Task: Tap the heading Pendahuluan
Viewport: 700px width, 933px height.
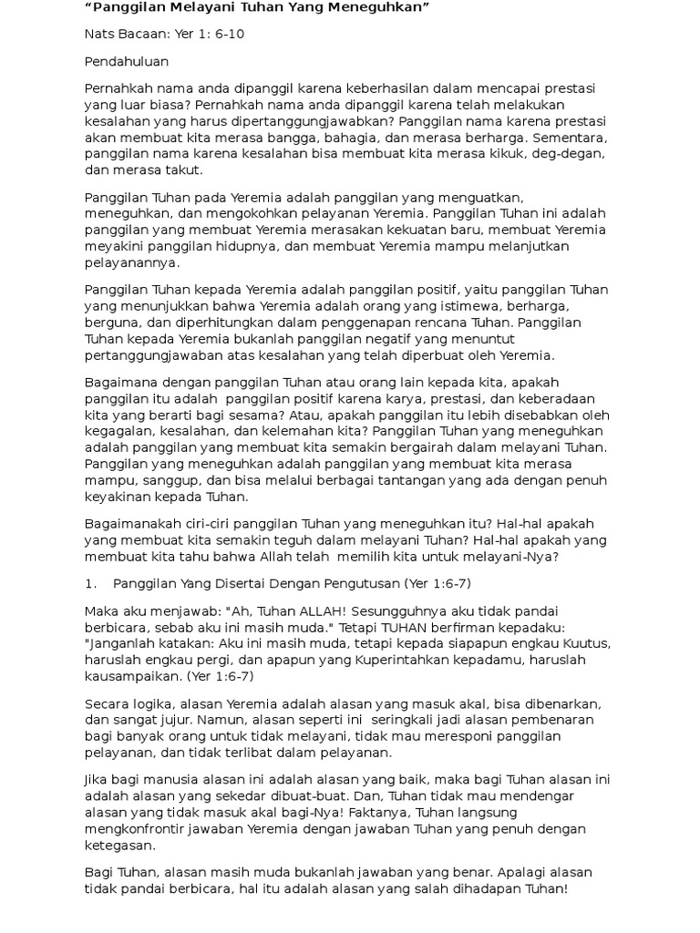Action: pos(126,62)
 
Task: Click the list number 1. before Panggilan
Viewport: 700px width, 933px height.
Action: pos(90,583)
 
